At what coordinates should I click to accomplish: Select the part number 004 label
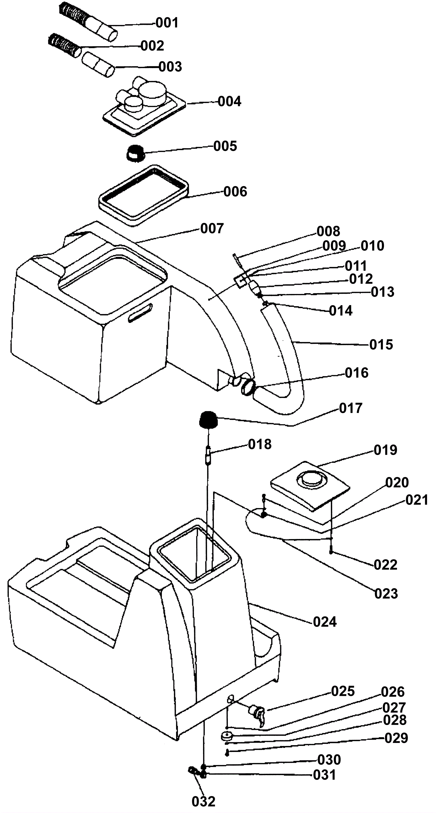[x=229, y=101]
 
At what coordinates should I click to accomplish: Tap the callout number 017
[x=351, y=408]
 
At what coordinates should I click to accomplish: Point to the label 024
[x=325, y=622]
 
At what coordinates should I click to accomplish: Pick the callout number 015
[x=381, y=344]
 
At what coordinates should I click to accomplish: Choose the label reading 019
[x=386, y=450]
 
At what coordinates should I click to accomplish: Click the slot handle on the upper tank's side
[x=140, y=313]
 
